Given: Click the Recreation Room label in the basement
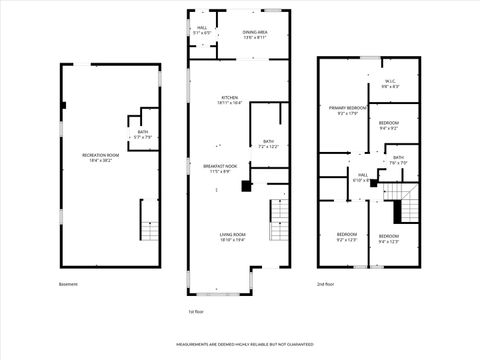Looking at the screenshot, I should click(101, 155).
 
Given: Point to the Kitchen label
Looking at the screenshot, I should click(230, 100).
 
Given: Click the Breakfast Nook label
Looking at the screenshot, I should click(220, 168).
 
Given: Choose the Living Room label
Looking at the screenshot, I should click(233, 237).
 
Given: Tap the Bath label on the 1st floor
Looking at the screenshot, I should click(268, 144).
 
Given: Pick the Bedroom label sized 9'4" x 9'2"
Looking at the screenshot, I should click(390, 125).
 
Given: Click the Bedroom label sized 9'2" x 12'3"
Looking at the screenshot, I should click(346, 237).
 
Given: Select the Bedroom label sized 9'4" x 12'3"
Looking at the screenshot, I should click(389, 238).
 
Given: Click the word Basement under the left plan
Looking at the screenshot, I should click(67, 283).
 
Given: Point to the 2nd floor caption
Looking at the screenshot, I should click(327, 283).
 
